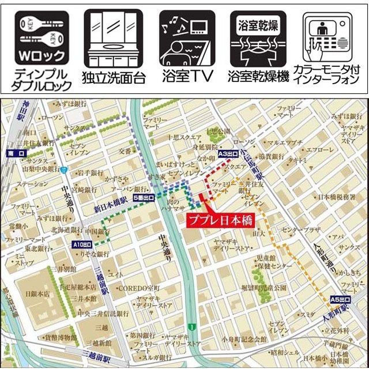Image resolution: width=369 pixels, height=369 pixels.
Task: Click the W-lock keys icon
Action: pyautogui.click(x=38, y=38)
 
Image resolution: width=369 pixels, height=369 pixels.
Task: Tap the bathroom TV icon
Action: pyautogui.click(x=186, y=38)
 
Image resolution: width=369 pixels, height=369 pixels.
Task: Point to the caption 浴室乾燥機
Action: pyautogui.click(x=258, y=77)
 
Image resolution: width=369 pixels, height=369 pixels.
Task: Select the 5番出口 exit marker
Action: pyautogui.click(x=144, y=198)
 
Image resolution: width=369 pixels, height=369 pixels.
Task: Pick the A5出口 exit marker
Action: pyautogui.click(x=340, y=299)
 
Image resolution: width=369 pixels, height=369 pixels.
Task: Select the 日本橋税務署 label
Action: pyautogui.click(x=336, y=197)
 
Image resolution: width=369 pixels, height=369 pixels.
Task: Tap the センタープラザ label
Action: pyautogui.click(x=300, y=229)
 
